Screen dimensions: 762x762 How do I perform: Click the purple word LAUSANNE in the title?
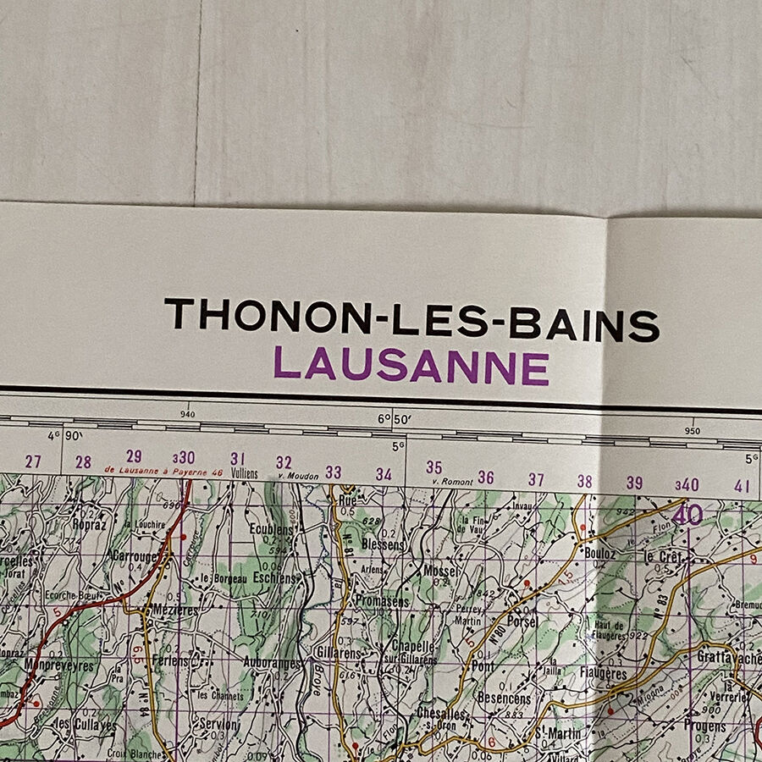pyautogui.click(x=411, y=366)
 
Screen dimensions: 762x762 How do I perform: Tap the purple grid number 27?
pyautogui.click(x=33, y=461)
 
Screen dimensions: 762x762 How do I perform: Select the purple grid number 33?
pyautogui.click(x=334, y=472)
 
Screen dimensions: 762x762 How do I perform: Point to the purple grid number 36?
pyautogui.click(x=485, y=478)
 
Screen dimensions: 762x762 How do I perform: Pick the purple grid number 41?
pyautogui.click(x=743, y=485)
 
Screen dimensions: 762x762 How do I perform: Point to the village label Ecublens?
pyautogui.click(x=271, y=530)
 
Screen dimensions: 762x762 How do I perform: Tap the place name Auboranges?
pyautogui.click(x=272, y=663)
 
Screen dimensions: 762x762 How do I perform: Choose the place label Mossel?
pyautogui.click(x=441, y=571)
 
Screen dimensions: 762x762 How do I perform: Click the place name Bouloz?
pyautogui.click(x=599, y=552)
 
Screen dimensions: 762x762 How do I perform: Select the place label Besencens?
pyautogui.click(x=504, y=698)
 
